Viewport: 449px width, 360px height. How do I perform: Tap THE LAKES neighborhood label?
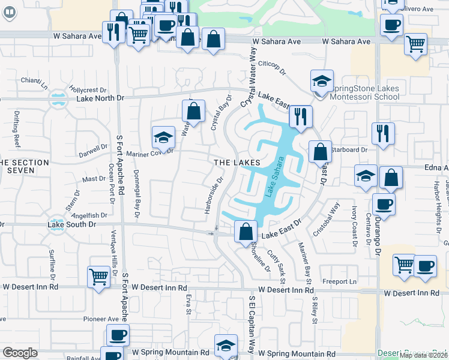(238, 163)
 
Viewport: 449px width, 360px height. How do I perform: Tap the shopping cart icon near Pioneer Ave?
(98, 277)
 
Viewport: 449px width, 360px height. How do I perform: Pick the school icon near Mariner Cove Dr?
(163, 137)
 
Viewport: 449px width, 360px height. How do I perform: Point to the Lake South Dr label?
(71, 224)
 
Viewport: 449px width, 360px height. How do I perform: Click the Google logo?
(20, 353)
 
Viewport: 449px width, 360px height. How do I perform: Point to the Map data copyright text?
(423, 355)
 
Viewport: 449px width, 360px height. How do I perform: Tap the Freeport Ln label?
(339, 281)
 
